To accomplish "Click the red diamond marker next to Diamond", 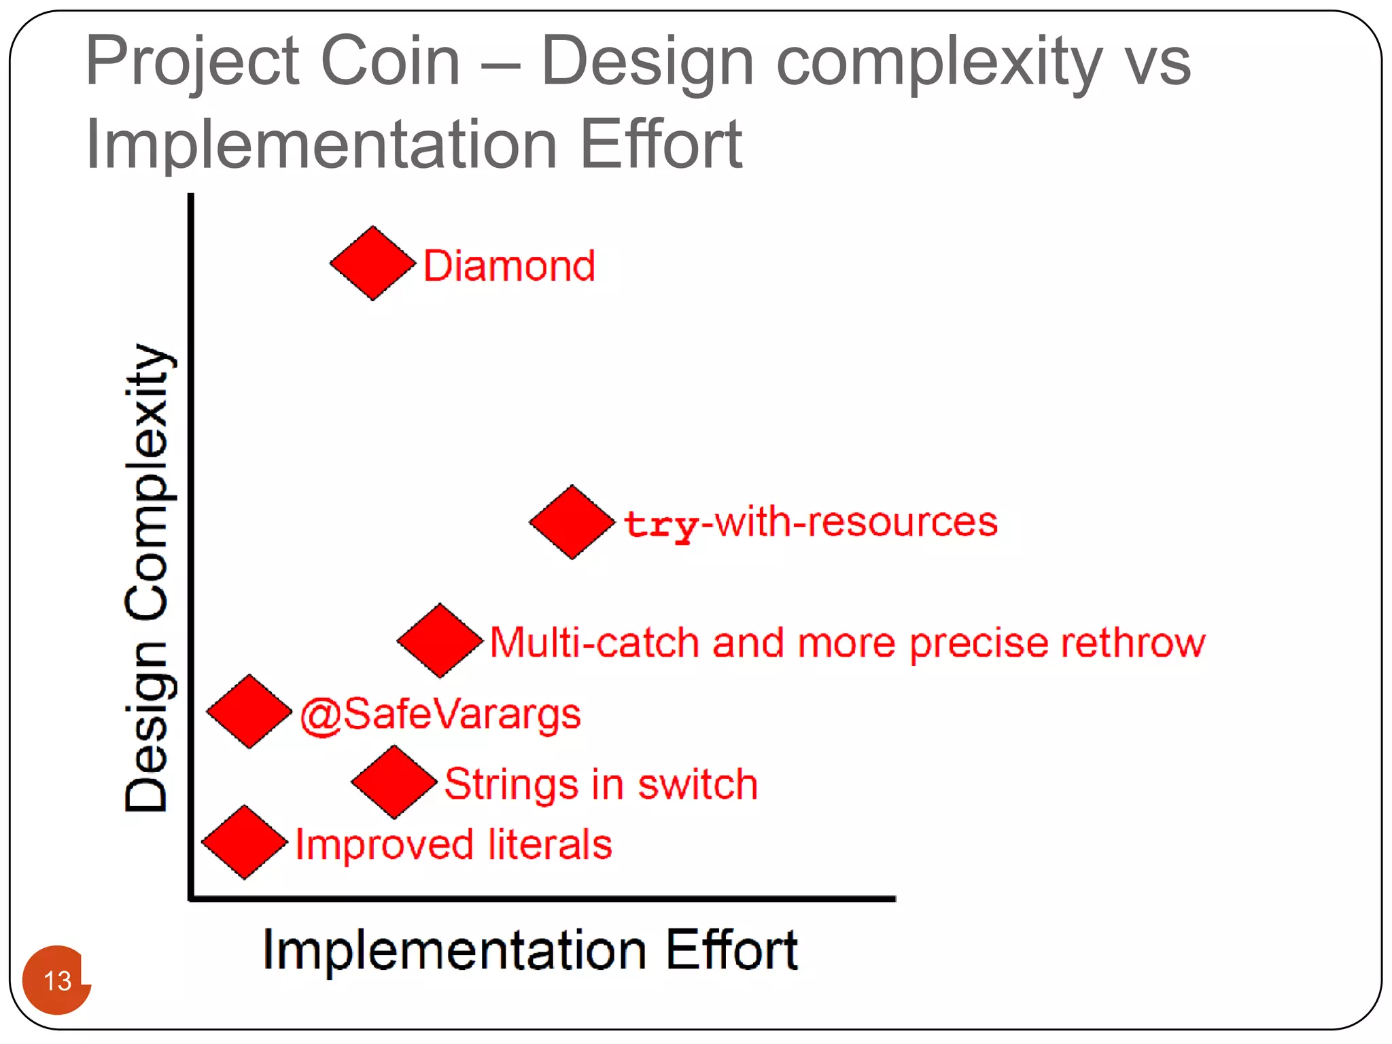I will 372,263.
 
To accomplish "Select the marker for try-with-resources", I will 572,522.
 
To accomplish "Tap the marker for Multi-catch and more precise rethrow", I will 440,640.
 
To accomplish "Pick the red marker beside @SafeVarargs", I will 249,712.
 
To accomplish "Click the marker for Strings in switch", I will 394,782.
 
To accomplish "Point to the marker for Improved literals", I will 245,842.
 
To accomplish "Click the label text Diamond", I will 509,266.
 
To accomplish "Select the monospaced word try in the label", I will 661,525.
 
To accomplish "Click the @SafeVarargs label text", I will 440,715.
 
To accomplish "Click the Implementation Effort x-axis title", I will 529,950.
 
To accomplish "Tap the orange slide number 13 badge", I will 57,980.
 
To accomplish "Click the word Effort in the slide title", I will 661,144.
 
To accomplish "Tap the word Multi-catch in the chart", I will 594,643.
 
